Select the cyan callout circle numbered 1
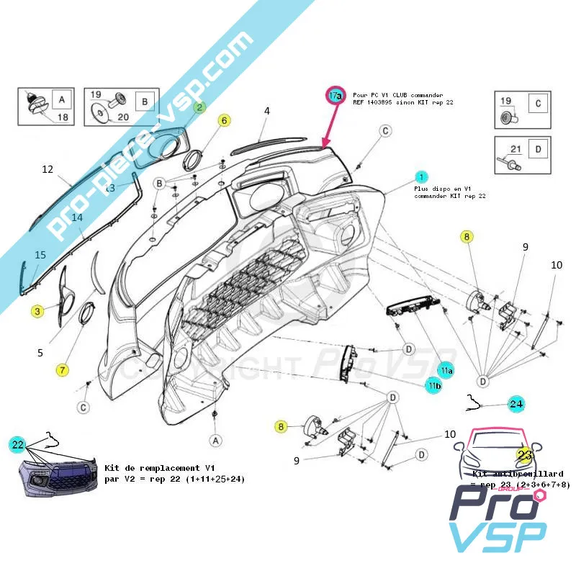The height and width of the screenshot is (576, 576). (421, 176)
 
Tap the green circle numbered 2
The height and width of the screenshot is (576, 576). (199, 107)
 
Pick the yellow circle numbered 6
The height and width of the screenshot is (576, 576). (224, 120)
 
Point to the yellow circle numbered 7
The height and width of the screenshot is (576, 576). (63, 370)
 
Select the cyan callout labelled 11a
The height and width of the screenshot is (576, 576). (446, 370)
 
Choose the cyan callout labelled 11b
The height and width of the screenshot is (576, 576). (433, 387)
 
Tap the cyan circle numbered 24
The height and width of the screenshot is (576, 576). (516, 404)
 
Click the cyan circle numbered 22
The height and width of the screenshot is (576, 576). (18, 444)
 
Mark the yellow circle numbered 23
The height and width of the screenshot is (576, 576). (524, 455)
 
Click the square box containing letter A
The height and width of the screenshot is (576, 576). (61, 100)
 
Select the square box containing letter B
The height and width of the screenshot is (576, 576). (144, 102)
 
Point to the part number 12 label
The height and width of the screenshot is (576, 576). (48, 170)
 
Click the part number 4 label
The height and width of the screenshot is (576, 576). (266, 111)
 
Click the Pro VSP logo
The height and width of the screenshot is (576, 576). (498, 516)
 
